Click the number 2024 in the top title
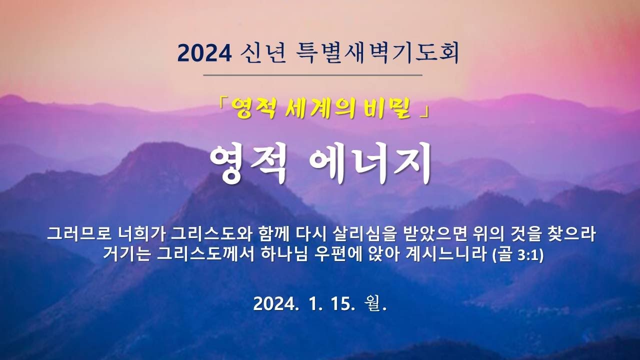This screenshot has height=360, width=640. tap(204, 53)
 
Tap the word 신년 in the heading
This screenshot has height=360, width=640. tap(263, 53)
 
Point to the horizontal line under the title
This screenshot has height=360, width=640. tap(313, 75)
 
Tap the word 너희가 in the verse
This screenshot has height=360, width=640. tap(142, 234)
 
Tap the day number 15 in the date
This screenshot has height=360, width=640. tap(341, 304)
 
